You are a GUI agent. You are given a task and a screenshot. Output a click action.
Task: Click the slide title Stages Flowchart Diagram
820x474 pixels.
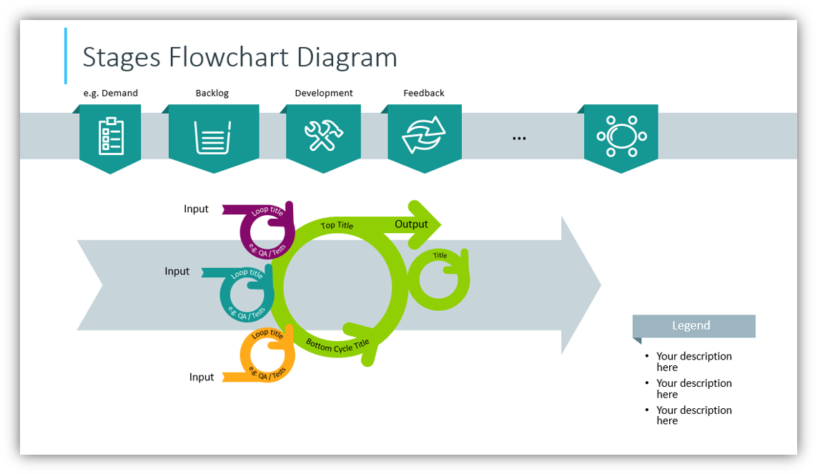pos(239,57)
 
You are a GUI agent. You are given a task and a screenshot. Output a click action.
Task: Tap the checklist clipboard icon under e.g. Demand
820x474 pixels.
pos(110,136)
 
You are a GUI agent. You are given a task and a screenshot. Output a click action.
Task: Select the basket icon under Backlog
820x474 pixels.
pos(213,137)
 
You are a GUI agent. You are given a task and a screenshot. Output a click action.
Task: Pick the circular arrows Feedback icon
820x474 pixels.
pos(424,135)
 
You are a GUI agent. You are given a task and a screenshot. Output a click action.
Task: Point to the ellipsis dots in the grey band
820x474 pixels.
pos(519,137)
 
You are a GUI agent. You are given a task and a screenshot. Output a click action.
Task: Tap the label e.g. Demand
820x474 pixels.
pos(110,93)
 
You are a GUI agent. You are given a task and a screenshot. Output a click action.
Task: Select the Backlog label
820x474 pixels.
pos(212,93)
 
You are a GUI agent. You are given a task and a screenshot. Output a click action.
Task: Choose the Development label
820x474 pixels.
pos(323,93)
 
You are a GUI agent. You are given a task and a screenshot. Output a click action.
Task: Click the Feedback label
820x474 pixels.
pos(424,93)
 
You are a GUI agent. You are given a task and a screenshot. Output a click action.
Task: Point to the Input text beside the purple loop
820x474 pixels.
pos(196,209)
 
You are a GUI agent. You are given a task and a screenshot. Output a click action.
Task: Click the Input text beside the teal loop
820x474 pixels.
pos(177,271)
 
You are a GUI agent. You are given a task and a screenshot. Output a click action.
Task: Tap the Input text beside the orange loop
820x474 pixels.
pos(202,377)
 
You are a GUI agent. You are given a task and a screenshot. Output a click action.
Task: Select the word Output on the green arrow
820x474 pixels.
pos(411,224)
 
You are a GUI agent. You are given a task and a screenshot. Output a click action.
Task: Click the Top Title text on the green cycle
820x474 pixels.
pos(337,226)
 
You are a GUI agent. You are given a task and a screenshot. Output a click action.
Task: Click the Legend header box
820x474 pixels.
pos(693,326)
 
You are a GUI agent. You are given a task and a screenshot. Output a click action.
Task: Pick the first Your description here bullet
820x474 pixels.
pos(693,361)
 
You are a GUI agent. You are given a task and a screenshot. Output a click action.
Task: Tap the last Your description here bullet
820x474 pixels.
pos(693,415)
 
